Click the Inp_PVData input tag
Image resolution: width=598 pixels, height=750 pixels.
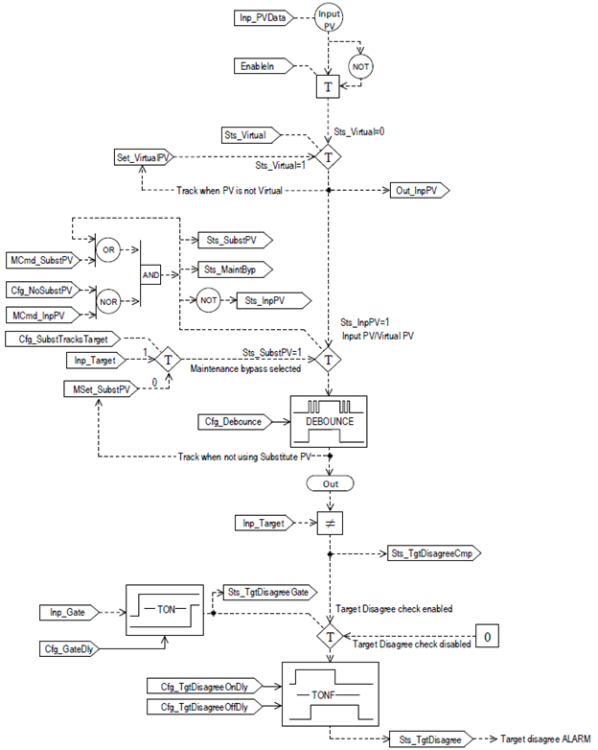[266, 18]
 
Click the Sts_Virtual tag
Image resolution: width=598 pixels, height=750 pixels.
[248, 135]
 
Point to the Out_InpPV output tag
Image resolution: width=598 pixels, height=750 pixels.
[419, 191]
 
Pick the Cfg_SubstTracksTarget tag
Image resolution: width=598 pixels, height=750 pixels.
[66, 339]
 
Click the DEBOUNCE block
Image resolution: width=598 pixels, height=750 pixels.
[329, 419]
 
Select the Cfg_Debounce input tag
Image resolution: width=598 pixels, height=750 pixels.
[230, 421]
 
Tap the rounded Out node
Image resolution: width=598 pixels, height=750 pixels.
[329, 485]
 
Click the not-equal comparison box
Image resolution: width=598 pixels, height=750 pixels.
[329, 523]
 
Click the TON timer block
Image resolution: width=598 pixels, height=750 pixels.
[168, 610]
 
